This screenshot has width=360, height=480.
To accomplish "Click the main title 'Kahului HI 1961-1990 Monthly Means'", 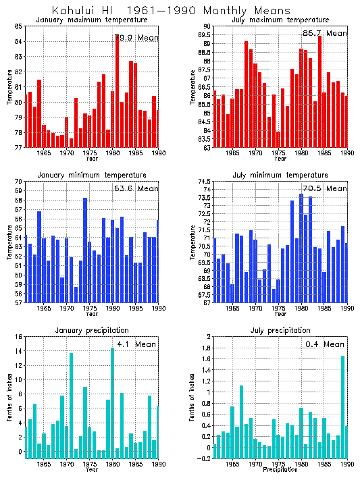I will point(171,11).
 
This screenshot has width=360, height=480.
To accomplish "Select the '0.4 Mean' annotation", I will point(325,344).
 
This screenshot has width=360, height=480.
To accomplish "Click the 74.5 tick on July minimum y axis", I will point(202,182).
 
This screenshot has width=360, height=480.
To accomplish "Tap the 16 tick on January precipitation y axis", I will point(18,337).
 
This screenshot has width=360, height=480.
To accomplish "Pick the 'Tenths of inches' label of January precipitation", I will point(9,398).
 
